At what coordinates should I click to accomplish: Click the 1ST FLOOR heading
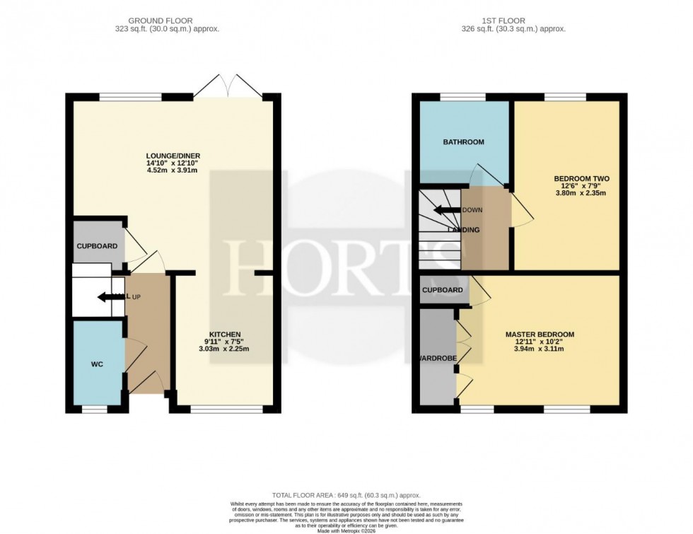(x=520, y=21)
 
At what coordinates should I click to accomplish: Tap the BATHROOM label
(x=463, y=142)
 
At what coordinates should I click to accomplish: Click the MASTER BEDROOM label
(x=540, y=334)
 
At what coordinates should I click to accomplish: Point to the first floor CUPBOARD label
(x=443, y=290)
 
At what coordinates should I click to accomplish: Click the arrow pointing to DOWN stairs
(x=446, y=210)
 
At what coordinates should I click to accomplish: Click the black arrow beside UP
(x=110, y=297)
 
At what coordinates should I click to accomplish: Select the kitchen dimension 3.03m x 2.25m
(x=224, y=349)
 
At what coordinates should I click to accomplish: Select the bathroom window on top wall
(x=463, y=97)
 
